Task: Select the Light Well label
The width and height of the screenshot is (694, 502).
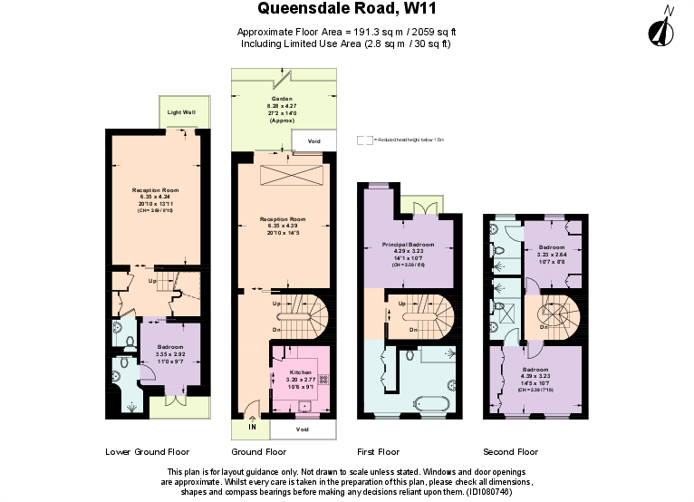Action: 182,112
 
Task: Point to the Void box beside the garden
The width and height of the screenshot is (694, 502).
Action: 313,141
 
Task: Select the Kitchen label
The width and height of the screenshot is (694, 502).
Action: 300,372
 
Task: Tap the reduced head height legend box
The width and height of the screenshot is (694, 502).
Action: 364,140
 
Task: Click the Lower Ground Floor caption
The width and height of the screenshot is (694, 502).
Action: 147,451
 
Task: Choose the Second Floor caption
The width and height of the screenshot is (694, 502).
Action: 511,451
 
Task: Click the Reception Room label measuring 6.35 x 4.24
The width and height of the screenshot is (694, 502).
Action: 151,190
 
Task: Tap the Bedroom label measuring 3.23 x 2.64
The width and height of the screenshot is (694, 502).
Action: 551,247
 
